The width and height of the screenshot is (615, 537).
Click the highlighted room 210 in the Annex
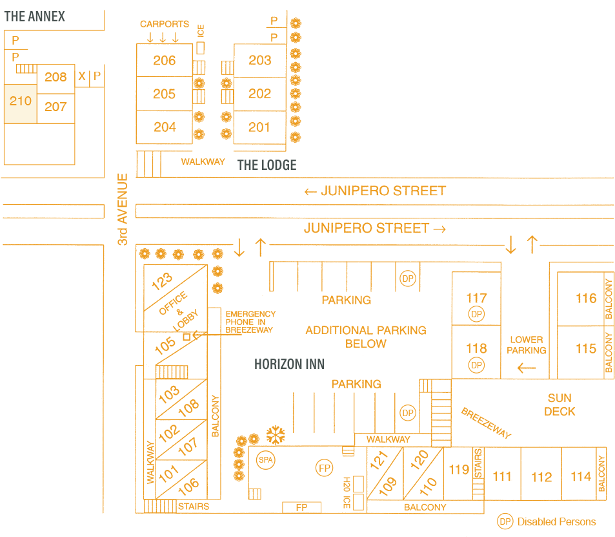tap(20, 102)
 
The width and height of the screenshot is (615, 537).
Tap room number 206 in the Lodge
tap(165, 60)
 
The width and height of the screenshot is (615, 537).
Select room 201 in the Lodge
tap(259, 127)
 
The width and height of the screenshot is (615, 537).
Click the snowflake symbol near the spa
tap(276, 434)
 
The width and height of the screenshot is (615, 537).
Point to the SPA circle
tap(265, 460)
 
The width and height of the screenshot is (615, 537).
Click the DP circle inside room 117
tap(476, 315)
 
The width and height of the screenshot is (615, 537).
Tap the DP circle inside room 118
tap(476, 365)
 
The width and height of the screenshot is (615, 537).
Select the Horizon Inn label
tap(289, 364)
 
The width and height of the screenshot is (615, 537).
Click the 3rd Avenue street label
tap(123, 209)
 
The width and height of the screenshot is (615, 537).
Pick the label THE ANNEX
tap(35, 17)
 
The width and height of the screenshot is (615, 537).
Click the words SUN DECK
tap(560, 405)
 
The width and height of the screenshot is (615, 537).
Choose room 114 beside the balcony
tap(581, 476)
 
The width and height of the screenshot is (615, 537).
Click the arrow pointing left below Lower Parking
tap(527, 368)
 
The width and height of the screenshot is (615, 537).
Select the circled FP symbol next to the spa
tap(324, 467)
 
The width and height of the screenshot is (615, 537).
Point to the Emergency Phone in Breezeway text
tap(250, 322)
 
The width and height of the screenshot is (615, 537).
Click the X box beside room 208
tap(82, 77)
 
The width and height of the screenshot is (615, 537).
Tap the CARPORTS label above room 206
tap(165, 25)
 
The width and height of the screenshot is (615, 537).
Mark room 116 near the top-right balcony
tap(586, 298)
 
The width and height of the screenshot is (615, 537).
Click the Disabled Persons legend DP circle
tap(505, 521)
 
